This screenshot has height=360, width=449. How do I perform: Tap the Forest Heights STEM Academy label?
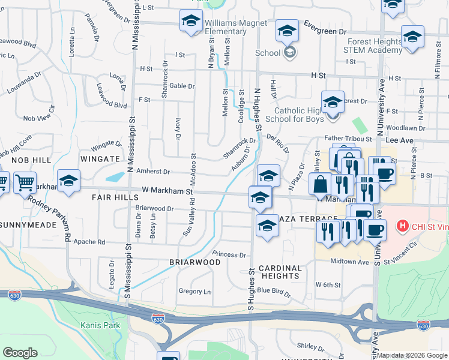373,46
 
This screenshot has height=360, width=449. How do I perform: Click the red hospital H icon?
403,227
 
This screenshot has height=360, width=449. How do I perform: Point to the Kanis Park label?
100,325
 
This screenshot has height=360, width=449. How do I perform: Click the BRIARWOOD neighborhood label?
195,262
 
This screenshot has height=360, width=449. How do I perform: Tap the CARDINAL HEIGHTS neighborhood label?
278,272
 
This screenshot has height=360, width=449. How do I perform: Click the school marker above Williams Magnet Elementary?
191,20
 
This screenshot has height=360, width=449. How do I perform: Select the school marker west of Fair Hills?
68,181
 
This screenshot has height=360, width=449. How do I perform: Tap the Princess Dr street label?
229,254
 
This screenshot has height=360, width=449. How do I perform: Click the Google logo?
20,353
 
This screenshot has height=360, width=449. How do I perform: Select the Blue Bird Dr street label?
274,291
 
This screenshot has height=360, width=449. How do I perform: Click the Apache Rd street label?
89,242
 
